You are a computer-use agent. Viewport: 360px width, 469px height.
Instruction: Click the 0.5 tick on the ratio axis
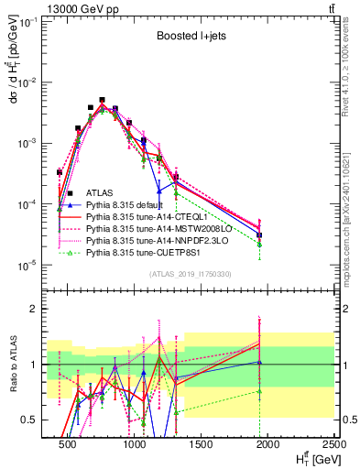31,420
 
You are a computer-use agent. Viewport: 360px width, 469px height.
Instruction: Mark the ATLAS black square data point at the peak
102,100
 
